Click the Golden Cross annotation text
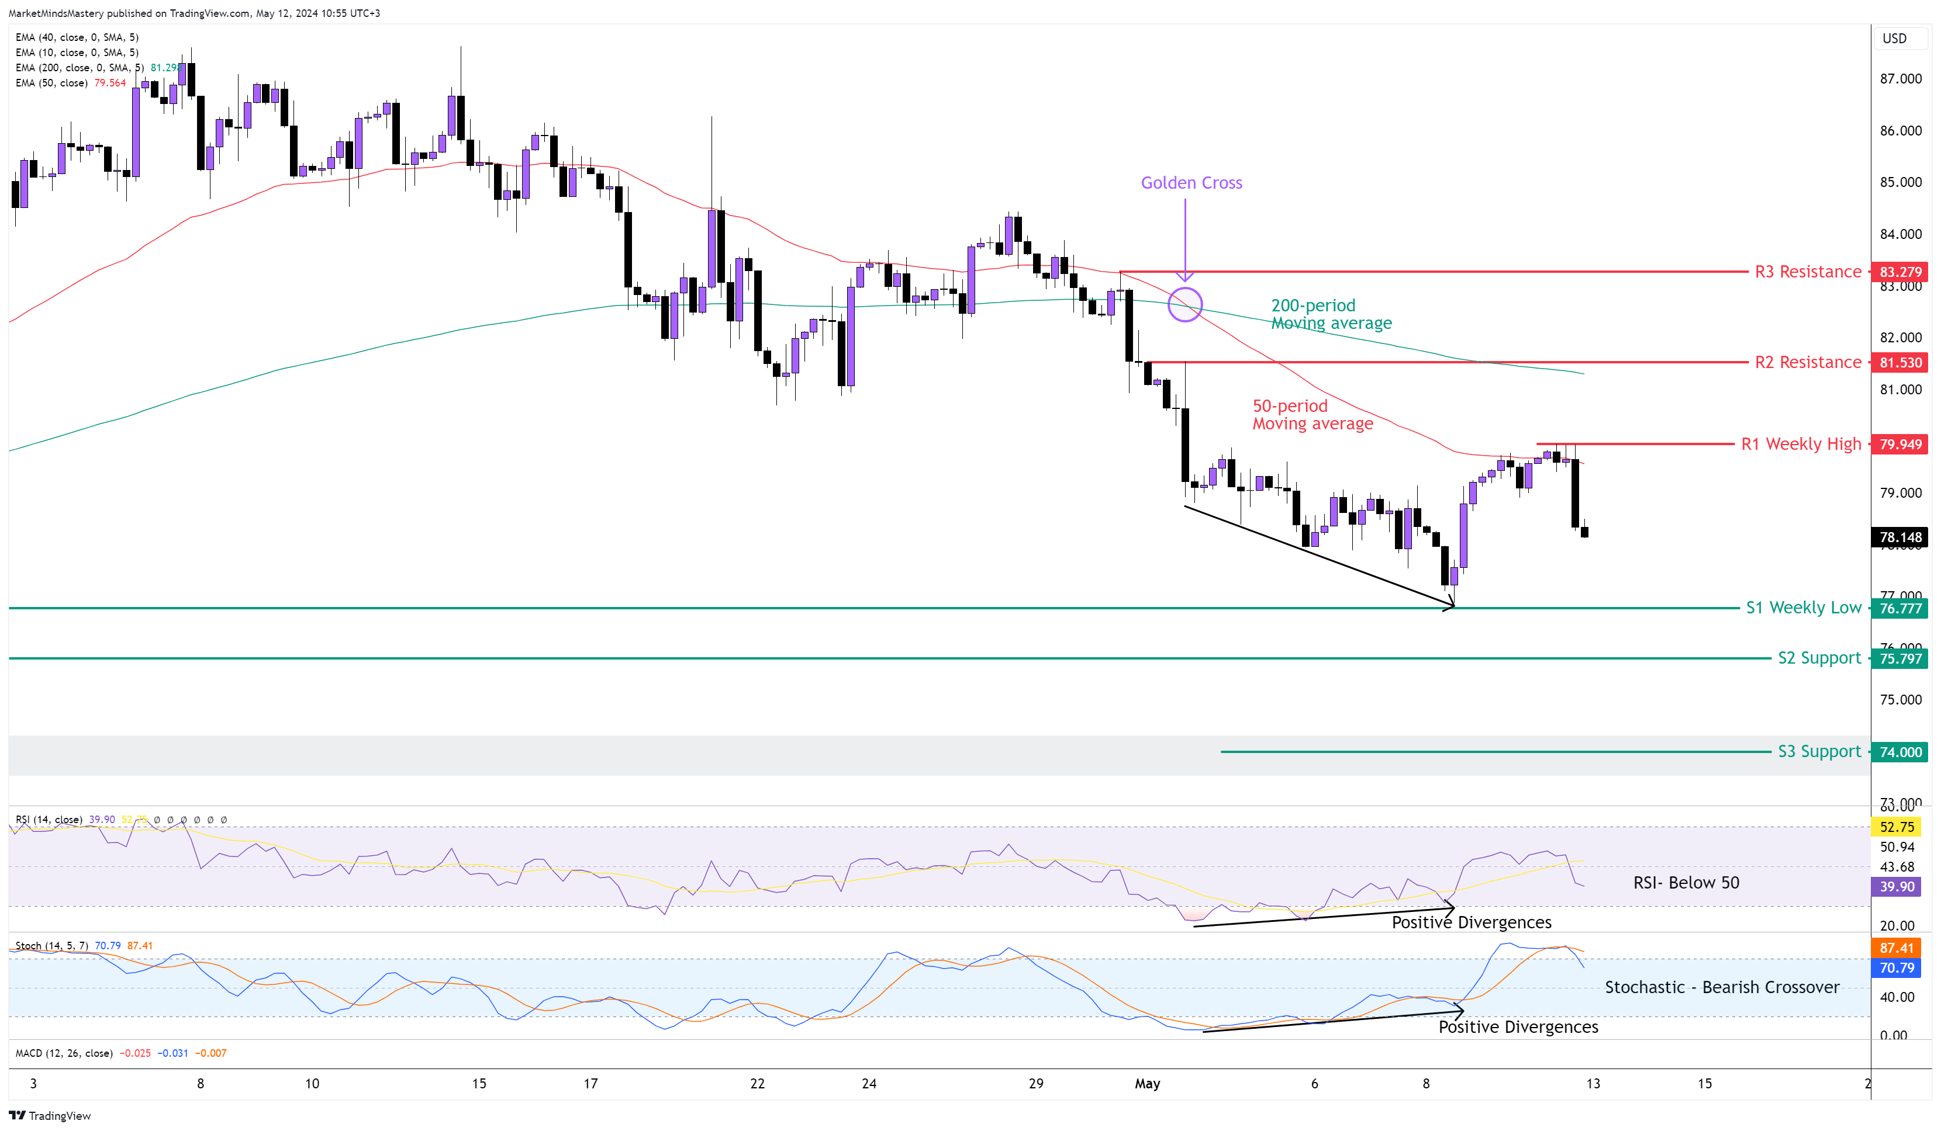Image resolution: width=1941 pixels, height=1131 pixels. pos(1191,182)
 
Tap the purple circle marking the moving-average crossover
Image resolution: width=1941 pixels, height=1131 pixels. pos(1184,305)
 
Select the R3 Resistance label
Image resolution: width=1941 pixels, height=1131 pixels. pos(1807,272)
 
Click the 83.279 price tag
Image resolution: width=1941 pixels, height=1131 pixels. pos(1900,272)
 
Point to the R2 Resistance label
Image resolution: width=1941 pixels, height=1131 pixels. pos(1807,362)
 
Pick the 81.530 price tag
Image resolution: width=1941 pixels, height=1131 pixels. pos(1900,362)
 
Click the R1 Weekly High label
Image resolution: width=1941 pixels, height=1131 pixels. pos(1801,444)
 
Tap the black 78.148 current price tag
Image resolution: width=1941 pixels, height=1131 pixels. pos(1900,537)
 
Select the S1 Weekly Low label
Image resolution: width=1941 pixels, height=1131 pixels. pos(1803,608)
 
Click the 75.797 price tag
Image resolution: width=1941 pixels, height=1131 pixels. pos(1900,658)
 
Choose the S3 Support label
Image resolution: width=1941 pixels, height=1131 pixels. pos(1819,751)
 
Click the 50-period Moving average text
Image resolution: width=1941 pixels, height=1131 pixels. pos(1312,415)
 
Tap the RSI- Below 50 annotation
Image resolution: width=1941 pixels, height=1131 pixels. pos(1686,882)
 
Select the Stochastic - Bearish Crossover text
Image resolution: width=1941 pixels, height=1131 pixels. pos(1722,987)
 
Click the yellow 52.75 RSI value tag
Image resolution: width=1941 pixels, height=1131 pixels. pos(1897,827)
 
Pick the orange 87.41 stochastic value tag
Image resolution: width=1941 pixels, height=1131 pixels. pos(1897,948)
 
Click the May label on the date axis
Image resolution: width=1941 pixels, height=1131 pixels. pos(1147,1083)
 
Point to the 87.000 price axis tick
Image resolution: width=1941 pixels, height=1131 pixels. pos(1900,78)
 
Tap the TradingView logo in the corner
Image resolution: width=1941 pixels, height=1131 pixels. pos(50,1116)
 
